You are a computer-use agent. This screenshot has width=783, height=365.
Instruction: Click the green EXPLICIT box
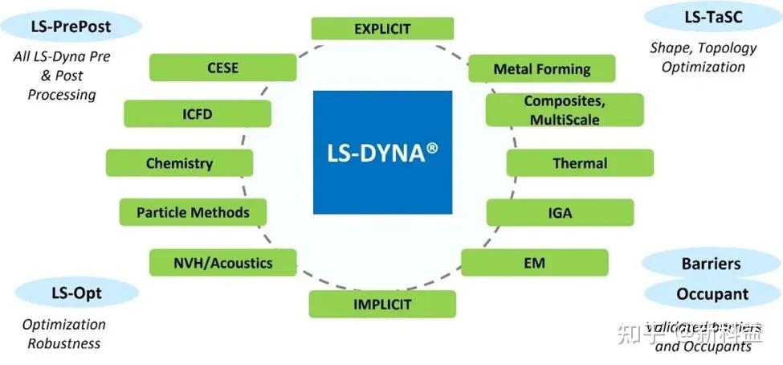pyautogui.click(x=382, y=29)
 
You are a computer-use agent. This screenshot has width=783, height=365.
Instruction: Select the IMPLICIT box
pyautogui.click(x=382, y=304)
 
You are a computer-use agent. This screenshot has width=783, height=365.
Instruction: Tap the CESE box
pyautogui.click(x=222, y=68)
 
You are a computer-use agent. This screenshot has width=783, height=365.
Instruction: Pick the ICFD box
pyautogui.click(x=197, y=114)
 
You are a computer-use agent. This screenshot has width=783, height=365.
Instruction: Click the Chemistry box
pyautogui.click(x=179, y=163)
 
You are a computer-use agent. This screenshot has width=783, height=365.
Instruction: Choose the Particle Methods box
pyautogui.click(x=193, y=212)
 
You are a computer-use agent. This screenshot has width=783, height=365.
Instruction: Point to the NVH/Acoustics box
pyautogui.click(x=223, y=262)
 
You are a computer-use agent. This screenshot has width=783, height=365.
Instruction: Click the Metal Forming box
pyautogui.click(x=541, y=68)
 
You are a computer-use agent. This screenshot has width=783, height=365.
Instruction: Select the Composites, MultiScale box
pyautogui.click(x=564, y=110)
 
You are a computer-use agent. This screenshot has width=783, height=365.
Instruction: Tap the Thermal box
pyautogui.click(x=579, y=163)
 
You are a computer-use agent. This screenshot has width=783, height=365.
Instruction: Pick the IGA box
pyautogui.click(x=560, y=213)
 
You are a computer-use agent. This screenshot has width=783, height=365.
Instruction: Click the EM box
pyautogui.click(x=534, y=262)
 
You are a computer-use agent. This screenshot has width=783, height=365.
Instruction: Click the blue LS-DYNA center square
pyautogui.click(x=382, y=152)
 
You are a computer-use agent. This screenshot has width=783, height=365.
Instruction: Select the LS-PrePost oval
pyautogui.click(x=71, y=27)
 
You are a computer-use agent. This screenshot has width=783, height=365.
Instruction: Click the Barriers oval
pyautogui.click(x=711, y=263)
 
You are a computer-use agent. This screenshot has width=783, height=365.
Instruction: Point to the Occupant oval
pyautogui.click(x=712, y=293)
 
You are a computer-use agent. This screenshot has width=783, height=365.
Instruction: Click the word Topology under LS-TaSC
pyautogui.click(x=727, y=48)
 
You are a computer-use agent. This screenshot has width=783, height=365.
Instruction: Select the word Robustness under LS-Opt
pyautogui.click(x=64, y=343)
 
